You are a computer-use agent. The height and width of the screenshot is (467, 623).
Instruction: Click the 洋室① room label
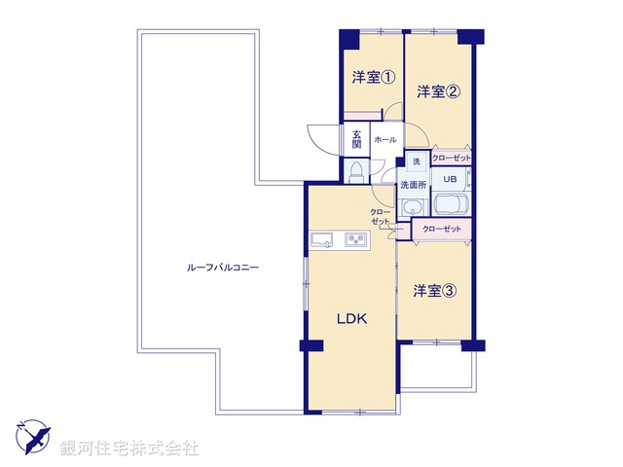point(373,79)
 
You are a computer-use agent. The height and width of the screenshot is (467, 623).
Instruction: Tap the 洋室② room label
point(438,91)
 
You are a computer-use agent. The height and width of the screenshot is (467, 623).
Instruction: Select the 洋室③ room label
point(433,290)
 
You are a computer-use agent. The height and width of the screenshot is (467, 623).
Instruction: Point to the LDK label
point(351,318)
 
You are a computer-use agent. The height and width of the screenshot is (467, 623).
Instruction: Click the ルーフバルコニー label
point(223,267)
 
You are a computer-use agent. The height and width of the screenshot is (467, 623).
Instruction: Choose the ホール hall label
point(385,139)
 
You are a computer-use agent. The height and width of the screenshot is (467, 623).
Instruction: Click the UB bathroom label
point(450,179)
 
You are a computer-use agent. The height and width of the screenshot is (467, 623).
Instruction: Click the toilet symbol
point(356,172)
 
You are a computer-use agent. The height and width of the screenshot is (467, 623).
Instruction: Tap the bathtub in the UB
point(450,206)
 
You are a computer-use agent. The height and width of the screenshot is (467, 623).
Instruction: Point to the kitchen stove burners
point(355,241)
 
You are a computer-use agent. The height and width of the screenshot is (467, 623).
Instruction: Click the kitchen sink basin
point(321,240)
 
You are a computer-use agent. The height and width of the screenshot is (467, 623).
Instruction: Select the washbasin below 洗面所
point(413,206)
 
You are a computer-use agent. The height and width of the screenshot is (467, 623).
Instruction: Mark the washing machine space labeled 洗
point(416,161)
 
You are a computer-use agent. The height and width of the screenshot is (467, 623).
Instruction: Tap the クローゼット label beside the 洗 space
point(451,158)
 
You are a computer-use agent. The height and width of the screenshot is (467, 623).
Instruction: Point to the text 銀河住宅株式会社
point(129,449)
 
